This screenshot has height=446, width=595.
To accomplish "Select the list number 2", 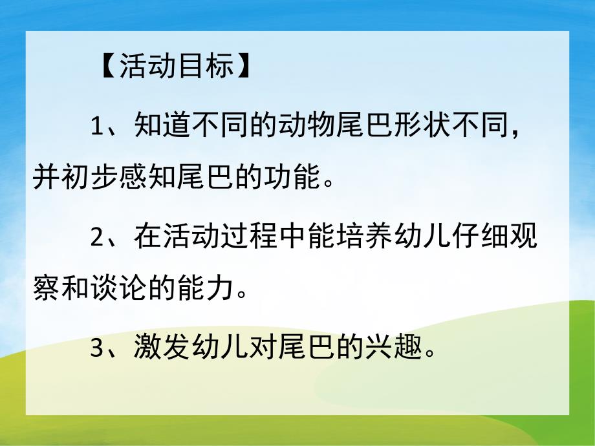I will coord(96,237).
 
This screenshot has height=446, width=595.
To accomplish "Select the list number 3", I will coord(96,349).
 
